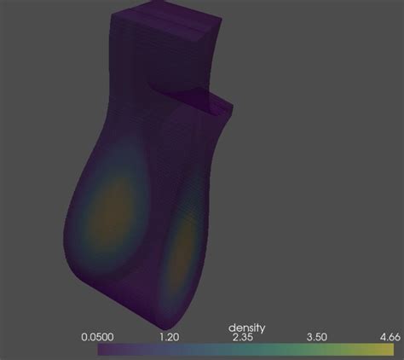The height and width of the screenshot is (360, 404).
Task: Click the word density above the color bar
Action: click(246, 328)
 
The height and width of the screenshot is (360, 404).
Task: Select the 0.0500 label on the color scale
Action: click(97, 337)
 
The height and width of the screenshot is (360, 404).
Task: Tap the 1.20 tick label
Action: click(170, 337)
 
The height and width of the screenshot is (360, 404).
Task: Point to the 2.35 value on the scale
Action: click(243, 338)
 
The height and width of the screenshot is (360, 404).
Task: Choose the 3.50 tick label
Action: click(317, 337)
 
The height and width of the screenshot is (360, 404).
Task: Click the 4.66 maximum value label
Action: click(390, 337)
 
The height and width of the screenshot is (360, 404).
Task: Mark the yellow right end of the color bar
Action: click(391, 350)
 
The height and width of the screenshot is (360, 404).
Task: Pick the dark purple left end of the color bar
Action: click(101, 350)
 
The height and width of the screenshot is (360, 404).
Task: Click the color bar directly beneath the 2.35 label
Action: click(243, 350)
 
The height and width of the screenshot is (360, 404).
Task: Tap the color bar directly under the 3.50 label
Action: click(317, 350)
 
